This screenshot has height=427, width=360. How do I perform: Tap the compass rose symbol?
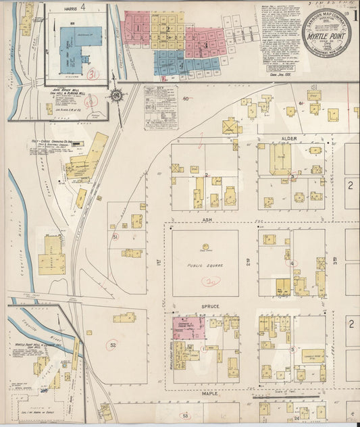tap(117, 96)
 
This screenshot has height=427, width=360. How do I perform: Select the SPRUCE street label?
tap(206, 305)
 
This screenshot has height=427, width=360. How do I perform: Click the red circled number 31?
tap(93, 74)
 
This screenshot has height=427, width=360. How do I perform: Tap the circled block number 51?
tap(115, 237)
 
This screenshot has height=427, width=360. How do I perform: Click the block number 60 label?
tap(186, 99)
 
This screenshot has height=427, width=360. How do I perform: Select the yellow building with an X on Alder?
tap(232, 127)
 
